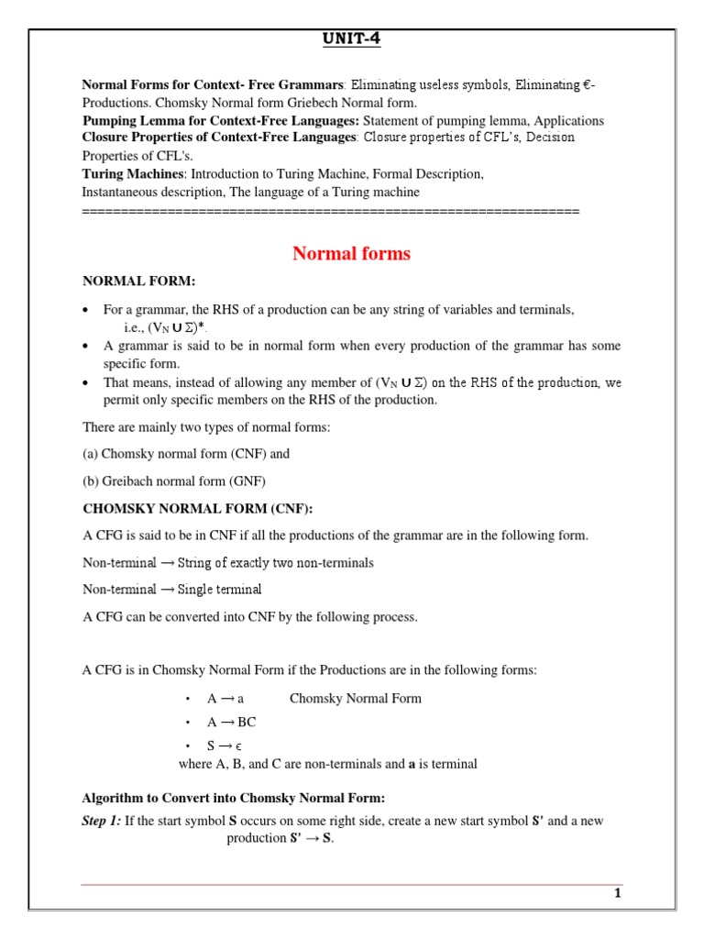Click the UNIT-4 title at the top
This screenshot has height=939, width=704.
[x=352, y=39]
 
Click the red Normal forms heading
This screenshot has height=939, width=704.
[x=351, y=254]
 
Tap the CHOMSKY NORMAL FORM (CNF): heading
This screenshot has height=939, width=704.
[x=203, y=509]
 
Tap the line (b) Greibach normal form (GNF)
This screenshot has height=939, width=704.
[x=174, y=481]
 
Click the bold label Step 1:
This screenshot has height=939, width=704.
[x=102, y=821]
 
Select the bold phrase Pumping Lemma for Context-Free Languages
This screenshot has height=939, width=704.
[x=221, y=121]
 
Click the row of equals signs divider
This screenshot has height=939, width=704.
[x=330, y=211]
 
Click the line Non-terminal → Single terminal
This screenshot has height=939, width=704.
[x=171, y=589]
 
